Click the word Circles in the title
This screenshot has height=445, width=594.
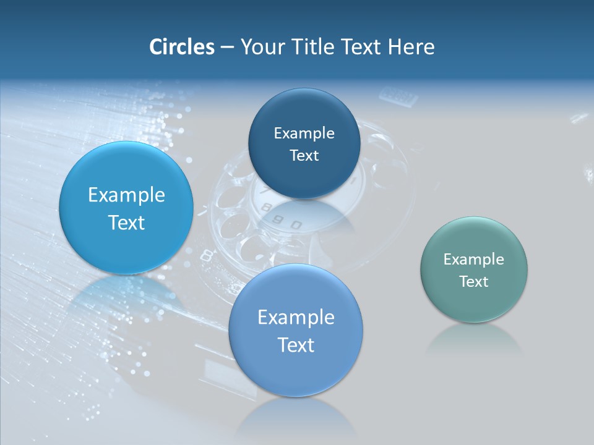pyautogui.click(x=181, y=47)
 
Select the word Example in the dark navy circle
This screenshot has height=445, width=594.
pyautogui.click(x=304, y=133)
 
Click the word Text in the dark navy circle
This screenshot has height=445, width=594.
pyautogui.click(x=304, y=156)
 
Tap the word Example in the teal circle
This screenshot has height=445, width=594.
pyautogui.click(x=473, y=260)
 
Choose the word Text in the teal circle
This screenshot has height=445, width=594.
pyautogui.click(x=473, y=282)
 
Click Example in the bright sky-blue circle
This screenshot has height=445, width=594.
pyautogui.click(x=126, y=195)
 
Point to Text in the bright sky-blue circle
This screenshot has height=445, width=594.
pyautogui.click(x=126, y=222)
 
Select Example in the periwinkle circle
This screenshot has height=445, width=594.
pyautogui.click(x=296, y=318)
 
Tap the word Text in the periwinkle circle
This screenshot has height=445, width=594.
pyautogui.click(x=296, y=345)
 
